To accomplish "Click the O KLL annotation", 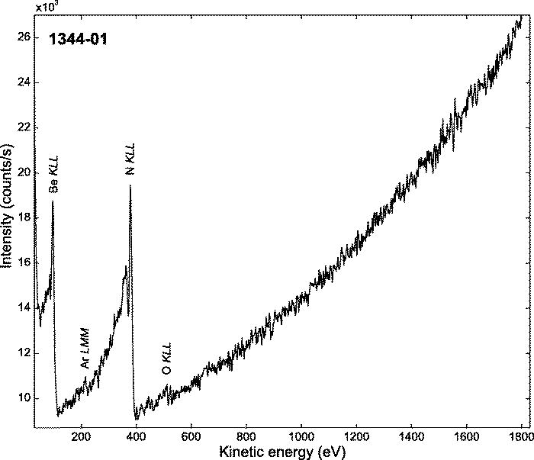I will [167, 358].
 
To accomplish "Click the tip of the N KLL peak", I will [130, 185].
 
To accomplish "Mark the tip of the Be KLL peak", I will [53, 201].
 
